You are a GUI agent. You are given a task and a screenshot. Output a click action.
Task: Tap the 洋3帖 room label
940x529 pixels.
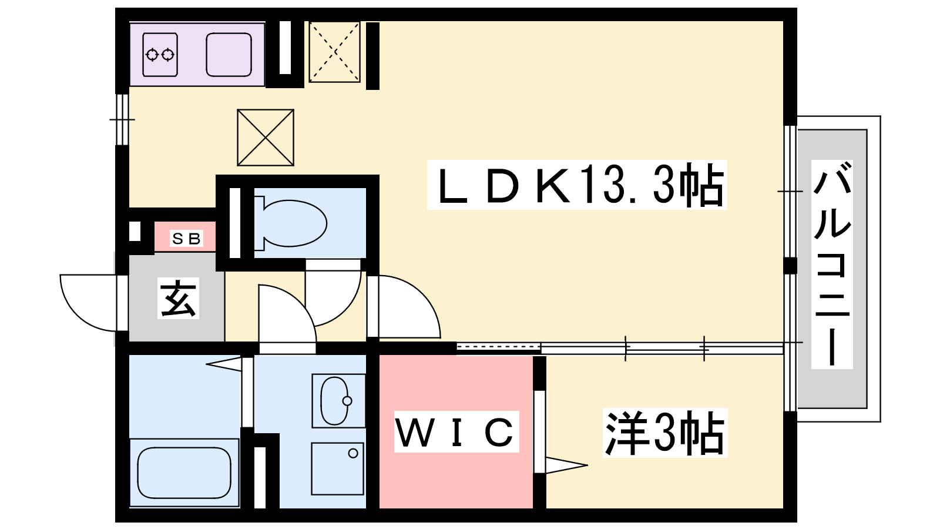(664, 433)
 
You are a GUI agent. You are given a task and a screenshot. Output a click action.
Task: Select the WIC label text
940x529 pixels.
(456, 432)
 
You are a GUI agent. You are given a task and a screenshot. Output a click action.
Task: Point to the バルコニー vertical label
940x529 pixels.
(832, 264)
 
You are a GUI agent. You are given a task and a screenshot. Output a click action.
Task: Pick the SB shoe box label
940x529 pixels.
(186, 239)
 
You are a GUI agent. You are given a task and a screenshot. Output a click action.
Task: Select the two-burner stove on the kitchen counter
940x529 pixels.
(160, 55)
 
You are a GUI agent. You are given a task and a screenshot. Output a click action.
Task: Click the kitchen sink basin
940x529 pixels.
(229, 55)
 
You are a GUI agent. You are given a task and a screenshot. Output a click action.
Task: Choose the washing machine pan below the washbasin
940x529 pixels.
(337, 468)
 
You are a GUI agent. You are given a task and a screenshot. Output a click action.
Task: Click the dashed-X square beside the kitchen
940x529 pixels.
(334, 52)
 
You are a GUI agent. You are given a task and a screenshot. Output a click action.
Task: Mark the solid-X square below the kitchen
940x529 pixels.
(266, 138)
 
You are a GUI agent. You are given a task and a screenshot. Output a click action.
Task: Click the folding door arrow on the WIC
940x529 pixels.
(566, 465)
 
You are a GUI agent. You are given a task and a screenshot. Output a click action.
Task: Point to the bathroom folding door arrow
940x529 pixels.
(224, 364)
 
